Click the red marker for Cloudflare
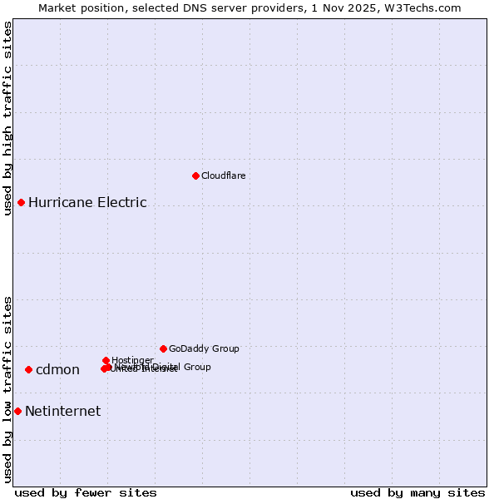click(x=195, y=175)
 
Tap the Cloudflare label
click(x=223, y=175)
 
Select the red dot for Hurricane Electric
click(x=21, y=202)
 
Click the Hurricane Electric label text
click(x=87, y=202)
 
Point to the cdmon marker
click(x=28, y=369)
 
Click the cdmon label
click(x=57, y=370)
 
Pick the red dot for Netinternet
click(x=17, y=411)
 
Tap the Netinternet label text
click(x=62, y=411)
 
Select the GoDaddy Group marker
click(x=163, y=348)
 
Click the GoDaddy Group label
click(x=204, y=348)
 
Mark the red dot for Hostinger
click(x=106, y=360)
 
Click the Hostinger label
click(x=132, y=360)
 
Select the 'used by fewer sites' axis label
click(x=86, y=492)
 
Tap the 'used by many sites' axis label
click(x=417, y=492)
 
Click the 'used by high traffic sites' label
click(x=7, y=118)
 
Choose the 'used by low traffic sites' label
click(x=7, y=388)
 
